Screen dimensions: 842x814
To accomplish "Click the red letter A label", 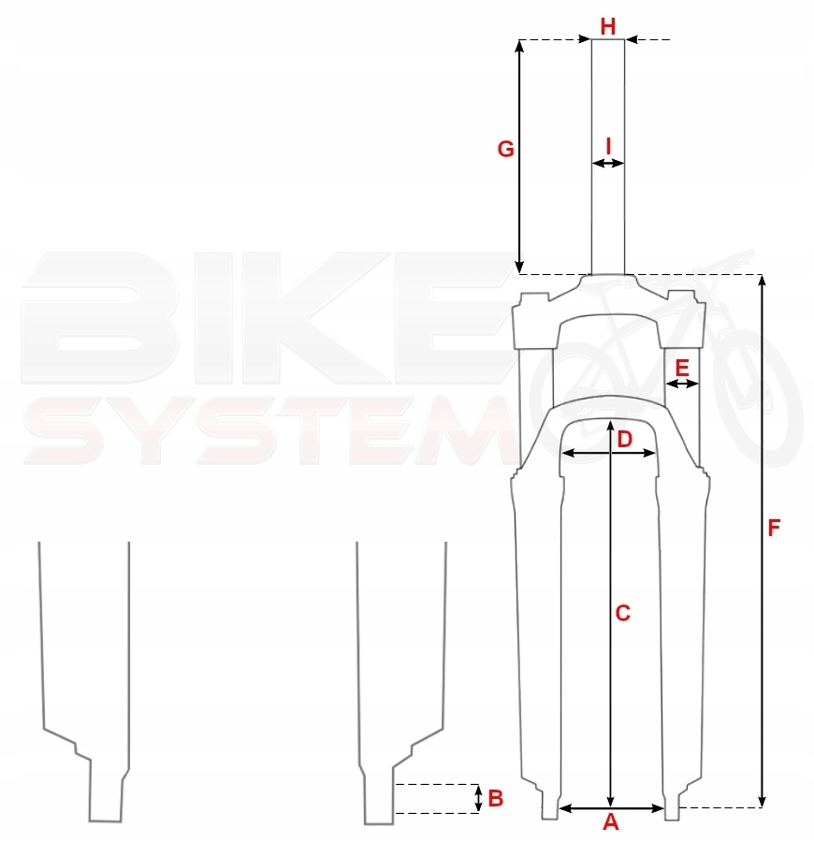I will (x=610, y=823).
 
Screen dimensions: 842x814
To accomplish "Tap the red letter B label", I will (x=496, y=798).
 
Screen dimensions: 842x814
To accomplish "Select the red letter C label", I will (x=622, y=614).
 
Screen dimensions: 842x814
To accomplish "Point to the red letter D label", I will (x=624, y=438).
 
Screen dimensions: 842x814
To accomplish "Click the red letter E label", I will (x=682, y=366).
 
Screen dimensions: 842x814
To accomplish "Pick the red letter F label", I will (x=774, y=528).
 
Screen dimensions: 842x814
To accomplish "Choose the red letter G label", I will (x=505, y=150).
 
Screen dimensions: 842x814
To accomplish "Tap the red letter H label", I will (x=608, y=26).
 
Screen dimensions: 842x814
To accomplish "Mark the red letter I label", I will (x=609, y=146).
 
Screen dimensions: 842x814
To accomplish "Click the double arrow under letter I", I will (x=608, y=164).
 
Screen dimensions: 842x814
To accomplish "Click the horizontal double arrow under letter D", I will (x=608, y=453).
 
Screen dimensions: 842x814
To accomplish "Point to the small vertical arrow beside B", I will (x=479, y=798).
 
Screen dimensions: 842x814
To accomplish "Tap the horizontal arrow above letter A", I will (x=611, y=807).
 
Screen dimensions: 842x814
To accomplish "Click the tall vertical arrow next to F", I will (x=763, y=540).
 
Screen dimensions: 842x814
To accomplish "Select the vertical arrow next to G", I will (x=521, y=156).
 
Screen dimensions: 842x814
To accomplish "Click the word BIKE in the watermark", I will (x=262, y=318).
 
